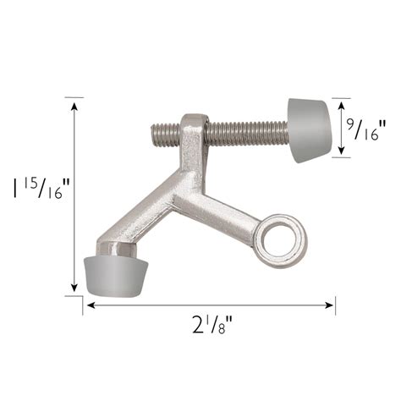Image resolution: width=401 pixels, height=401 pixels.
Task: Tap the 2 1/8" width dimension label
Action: [x=212, y=324]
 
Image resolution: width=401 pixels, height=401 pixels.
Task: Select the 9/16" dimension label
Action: [x=366, y=130]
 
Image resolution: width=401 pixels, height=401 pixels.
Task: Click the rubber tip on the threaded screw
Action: [x=310, y=130]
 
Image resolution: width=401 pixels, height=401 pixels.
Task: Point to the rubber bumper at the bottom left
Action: [x=116, y=277]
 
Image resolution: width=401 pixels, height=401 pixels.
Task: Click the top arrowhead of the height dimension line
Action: [x=74, y=106]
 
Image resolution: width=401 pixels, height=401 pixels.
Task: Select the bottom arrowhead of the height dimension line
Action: [x=74, y=288]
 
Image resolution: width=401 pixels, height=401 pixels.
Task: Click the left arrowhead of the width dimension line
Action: [x=91, y=305]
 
